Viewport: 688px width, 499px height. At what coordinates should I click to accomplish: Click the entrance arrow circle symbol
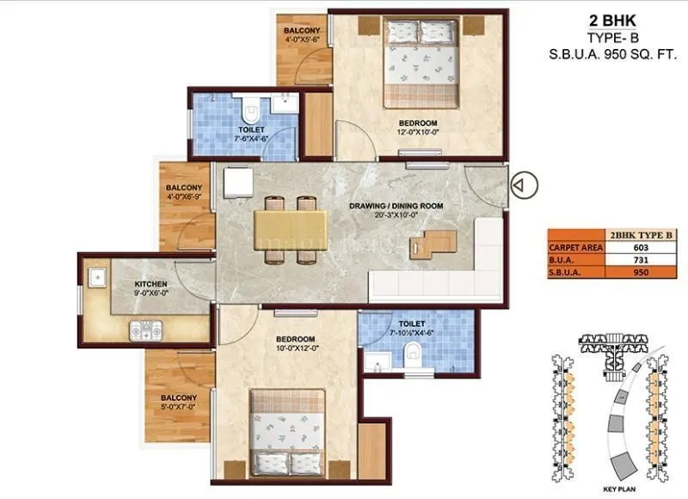(522, 183)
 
